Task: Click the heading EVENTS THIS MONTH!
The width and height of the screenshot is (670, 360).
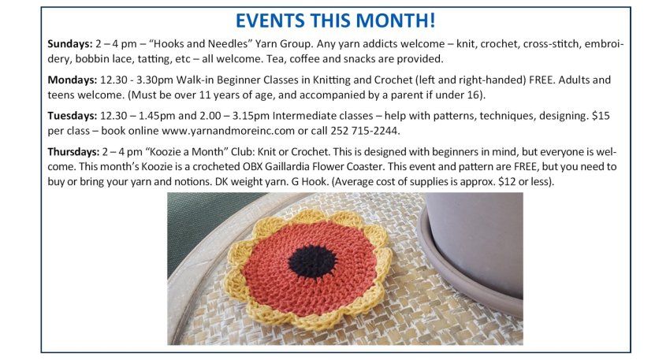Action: (336, 20)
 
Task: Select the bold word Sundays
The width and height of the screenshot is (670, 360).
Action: (69, 44)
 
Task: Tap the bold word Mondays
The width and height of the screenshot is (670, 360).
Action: (73, 80)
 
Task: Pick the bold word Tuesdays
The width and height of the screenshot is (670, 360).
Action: (73, 116)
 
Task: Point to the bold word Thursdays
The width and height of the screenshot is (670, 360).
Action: (73, 151)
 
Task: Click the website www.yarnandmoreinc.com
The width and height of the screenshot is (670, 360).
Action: (228, 131)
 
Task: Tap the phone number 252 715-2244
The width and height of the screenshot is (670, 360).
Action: (365, 131)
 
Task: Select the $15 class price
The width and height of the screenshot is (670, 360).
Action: (601, 116)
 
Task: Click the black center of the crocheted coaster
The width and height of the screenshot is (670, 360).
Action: (312, 261)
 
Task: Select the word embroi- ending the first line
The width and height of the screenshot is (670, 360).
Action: (605, 44)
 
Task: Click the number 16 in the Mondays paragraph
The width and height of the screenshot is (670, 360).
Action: (474, 95)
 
